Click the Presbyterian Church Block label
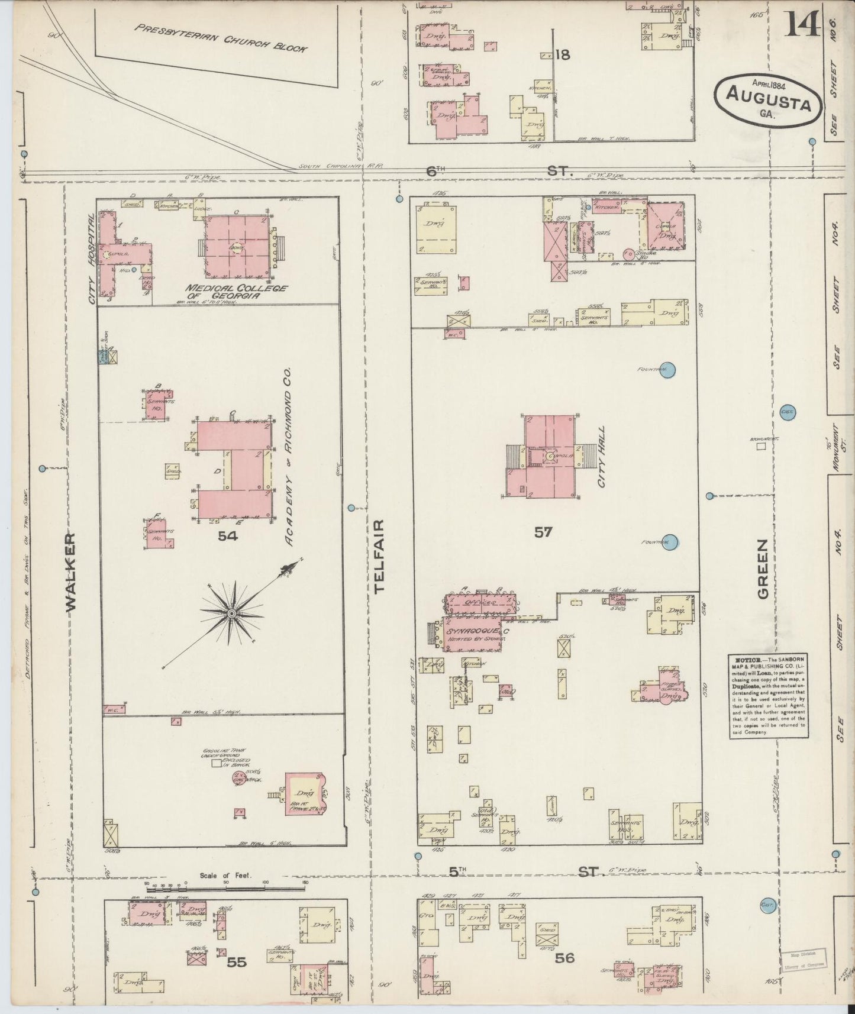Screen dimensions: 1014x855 (x=220, y=37)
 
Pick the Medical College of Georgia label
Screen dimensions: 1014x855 (x=236, y=292)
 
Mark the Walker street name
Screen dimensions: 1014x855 (x=70, y=571)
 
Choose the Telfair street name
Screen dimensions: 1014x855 (x=379, y=556)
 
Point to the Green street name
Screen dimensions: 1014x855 (x=763, y=567)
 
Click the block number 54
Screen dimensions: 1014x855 (x=228, y=536)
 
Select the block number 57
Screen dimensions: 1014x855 (x=543, y=532)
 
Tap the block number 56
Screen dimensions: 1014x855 (x=565, y=957)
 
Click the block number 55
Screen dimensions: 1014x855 (x=237, y=962)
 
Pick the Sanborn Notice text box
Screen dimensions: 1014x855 (x=767, y=695)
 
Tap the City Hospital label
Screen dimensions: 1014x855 (x=92, y=260)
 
